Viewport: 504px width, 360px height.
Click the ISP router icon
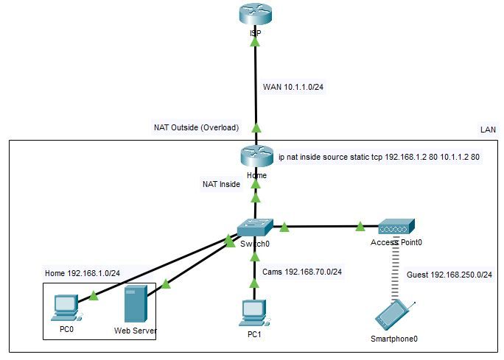point(256,15)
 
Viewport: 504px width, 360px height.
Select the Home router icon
point(256,156)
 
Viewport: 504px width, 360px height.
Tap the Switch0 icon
point(255,227)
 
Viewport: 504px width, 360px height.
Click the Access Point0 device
point(396,227)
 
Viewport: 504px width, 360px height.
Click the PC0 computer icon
point(66,308)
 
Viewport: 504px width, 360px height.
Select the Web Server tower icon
point(136,303)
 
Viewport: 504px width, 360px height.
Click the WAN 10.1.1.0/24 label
point(293,87)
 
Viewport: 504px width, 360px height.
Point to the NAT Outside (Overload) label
point(197,127)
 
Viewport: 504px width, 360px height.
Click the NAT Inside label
point(222,184)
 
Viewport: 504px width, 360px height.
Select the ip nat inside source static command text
point(379,157)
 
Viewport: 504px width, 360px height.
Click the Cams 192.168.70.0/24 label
point(302,272)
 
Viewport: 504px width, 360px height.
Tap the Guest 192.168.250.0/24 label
point(449,275)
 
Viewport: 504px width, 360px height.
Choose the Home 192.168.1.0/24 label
point(83,273)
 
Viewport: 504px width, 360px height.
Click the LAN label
point(488,130)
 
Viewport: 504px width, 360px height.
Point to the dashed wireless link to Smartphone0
point(396,269)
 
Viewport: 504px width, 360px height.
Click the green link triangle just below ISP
point(255,42)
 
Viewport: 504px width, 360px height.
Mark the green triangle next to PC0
point(94,295)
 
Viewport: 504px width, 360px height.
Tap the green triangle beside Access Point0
point(360,227)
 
